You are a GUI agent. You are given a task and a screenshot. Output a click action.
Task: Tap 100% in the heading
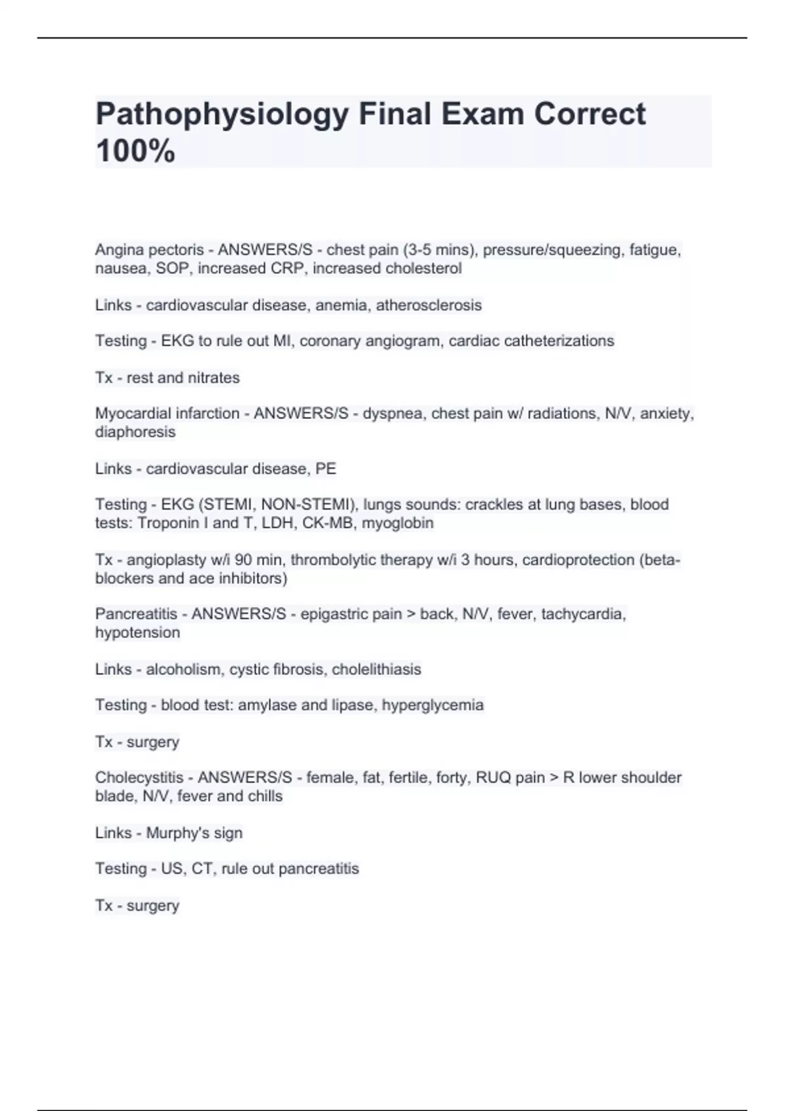[135, 151]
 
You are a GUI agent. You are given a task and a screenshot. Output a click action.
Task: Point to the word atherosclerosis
[428, 305]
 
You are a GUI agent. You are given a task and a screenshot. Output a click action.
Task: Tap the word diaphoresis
[135, 432]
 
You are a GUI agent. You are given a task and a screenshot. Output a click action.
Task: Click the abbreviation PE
[326, 469]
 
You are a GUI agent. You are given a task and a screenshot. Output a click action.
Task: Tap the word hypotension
[137, 633]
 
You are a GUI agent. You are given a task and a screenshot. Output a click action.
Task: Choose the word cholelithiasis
[376, 669]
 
